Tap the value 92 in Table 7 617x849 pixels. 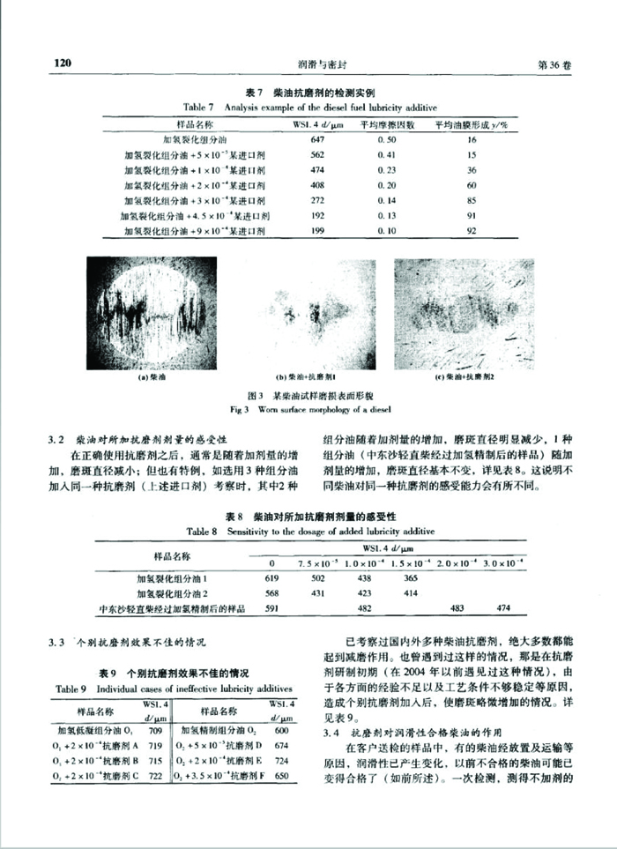click(x=472, y=231)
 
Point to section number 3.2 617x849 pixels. click(x=55, y=439)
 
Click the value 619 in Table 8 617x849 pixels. click(x=272, y=578)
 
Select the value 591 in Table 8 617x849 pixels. click(x=272, y=608)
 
